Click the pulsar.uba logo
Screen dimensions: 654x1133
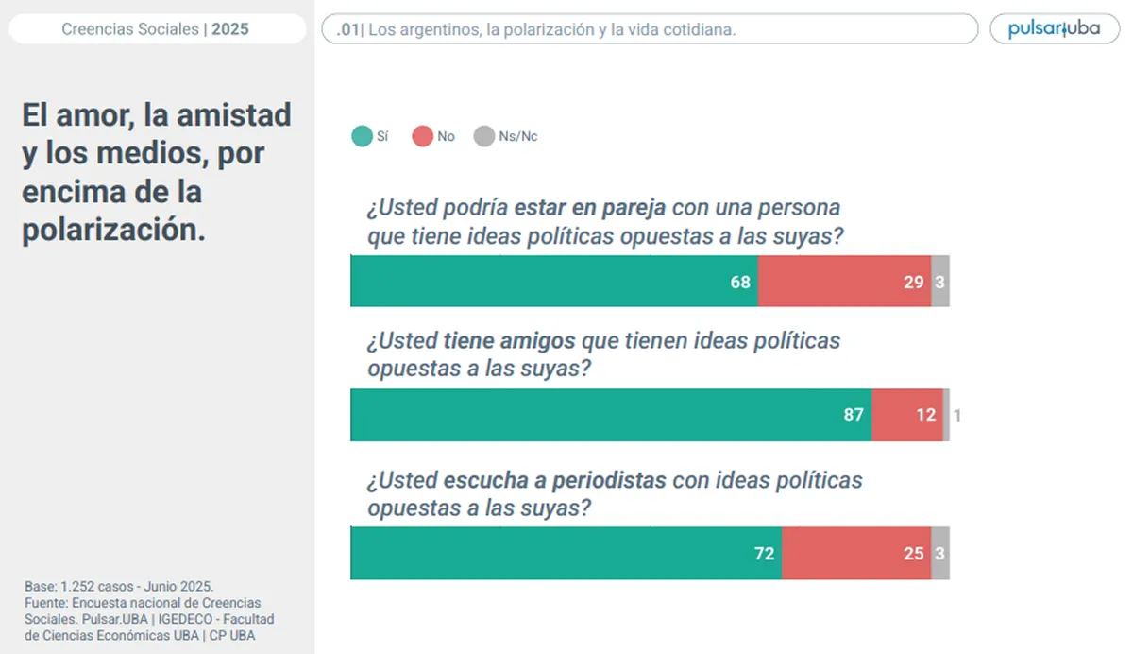point(1054,28)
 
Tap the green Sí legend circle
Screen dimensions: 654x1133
point(362,136)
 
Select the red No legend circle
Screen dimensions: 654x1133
point(422,136)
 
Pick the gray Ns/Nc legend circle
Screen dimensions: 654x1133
point(483,136)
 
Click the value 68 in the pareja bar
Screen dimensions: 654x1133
point(740,282)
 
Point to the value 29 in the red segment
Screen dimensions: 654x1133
point(913,282)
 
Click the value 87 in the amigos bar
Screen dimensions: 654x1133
point(854,414)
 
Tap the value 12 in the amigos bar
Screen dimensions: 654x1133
point(926,414)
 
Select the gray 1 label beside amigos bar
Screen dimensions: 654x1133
point(956,414)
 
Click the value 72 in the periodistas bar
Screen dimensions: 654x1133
point(764,553)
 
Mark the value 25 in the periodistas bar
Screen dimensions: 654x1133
point(913,553)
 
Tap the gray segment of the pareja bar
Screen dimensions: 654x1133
point(940,282)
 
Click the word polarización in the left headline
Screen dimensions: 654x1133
point(112,230)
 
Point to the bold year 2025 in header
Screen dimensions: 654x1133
point(230,29)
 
